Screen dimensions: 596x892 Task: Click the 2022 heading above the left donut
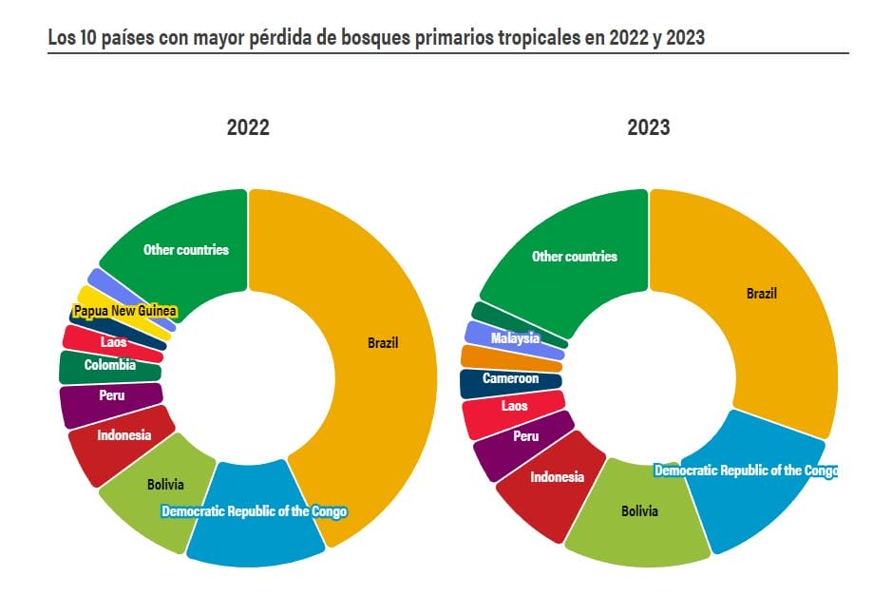pos(248,127)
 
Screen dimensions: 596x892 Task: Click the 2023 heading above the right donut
pos(648,127)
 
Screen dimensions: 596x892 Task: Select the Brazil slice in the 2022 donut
pos(383,343)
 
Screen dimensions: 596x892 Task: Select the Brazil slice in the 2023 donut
pos(761,294)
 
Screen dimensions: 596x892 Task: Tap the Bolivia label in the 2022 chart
pos(165,485)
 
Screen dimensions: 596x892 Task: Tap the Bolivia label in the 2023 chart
pos(639,511)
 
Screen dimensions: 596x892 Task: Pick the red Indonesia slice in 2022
pos(123,436)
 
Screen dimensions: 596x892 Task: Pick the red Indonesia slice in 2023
pos(557,477)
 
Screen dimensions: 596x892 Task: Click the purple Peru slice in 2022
pos(111,394)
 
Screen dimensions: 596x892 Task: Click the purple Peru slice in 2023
pos(525,436)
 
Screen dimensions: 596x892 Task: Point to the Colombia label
pos(109,365)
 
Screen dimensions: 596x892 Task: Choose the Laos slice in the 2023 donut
pos(514,406)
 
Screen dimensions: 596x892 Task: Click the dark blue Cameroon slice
pos(510,379)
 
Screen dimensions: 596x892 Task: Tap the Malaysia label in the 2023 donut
pos(515,338)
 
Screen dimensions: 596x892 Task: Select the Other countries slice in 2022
pos(186,250)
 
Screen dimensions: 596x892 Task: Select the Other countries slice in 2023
pos(574,257)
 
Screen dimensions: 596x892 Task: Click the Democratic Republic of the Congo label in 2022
pos(254,511)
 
